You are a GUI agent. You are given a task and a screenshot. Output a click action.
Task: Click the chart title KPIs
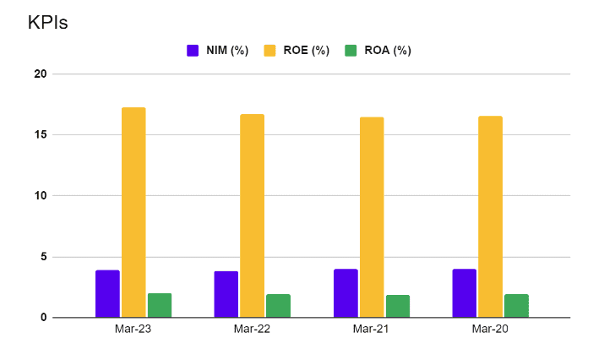[48, 23]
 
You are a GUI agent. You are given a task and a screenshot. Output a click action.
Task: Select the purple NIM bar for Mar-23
[107, 294]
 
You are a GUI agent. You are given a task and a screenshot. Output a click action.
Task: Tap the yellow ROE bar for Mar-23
[133, 213]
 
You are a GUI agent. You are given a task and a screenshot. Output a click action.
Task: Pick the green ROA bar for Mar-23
[160, 305]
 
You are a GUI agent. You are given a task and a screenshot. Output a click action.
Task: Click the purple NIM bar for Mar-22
[226, 294]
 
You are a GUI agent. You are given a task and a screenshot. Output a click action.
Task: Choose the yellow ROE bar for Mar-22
[253, 215]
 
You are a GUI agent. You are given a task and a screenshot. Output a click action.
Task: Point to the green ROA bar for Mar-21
[398, 306]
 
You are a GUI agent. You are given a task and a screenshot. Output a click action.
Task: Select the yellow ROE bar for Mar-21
[372, 217]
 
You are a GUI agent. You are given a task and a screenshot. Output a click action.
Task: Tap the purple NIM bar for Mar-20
[465, 293]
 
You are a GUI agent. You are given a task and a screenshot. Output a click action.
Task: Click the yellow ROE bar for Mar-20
[491, 216]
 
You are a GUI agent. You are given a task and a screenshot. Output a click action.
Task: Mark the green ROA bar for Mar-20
[517, 306]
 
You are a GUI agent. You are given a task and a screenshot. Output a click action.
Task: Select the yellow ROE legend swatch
[270, 51]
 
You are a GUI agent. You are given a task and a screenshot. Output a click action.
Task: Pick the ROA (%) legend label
[388, 51]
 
